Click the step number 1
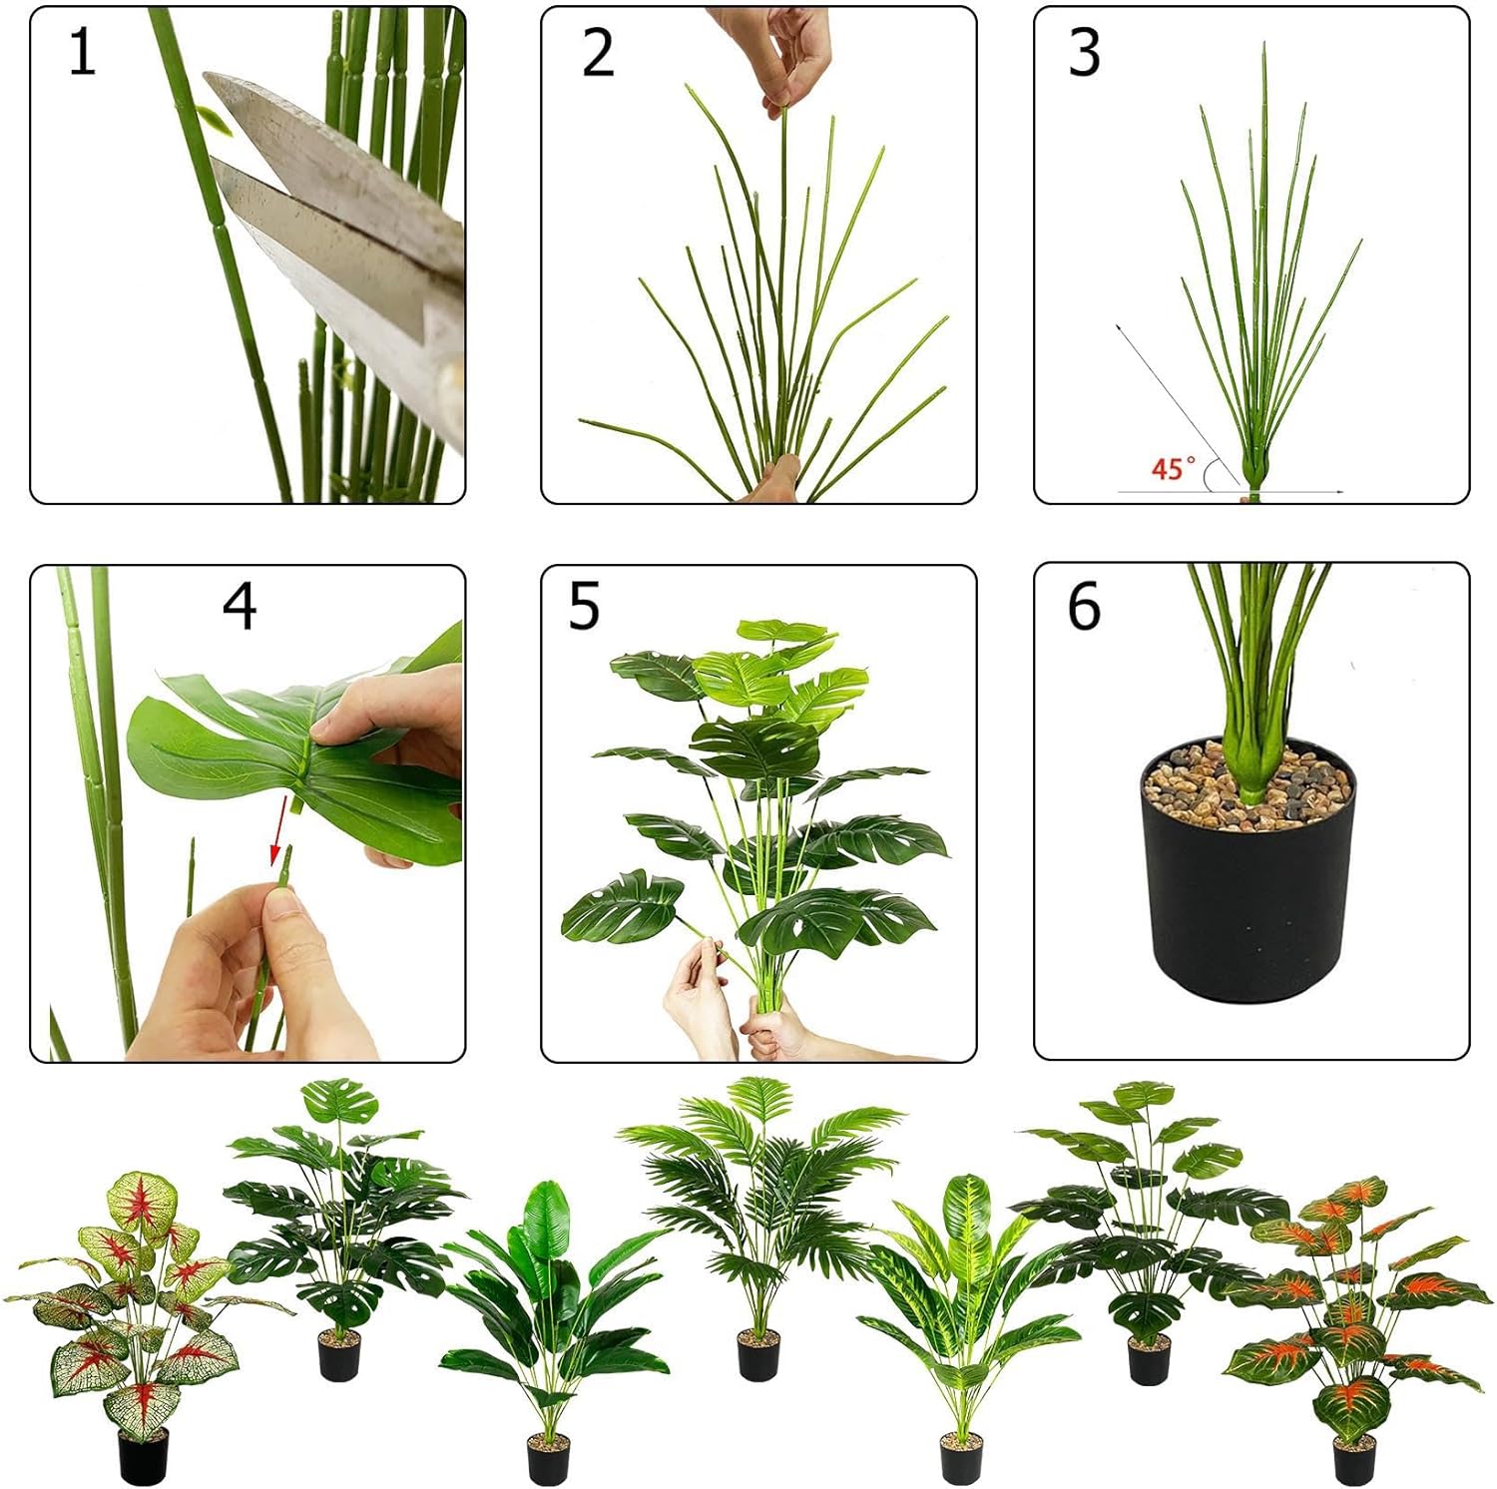tap(82, 53)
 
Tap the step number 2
tap(597, 53)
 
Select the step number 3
tap(1084, 53)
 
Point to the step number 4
tap(240, 606)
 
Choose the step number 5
tap(584, 606)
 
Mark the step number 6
tap(1084, 606)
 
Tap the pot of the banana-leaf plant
tap(548, 1459)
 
